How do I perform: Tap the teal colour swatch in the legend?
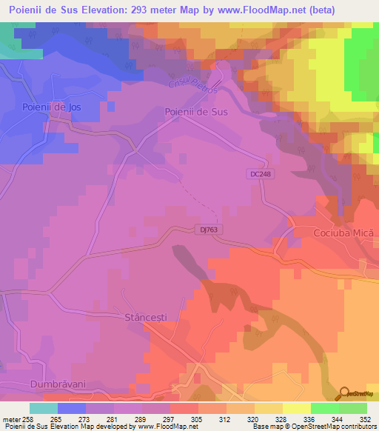tap(43, 408)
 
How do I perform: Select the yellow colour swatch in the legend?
tap(296, 408)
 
